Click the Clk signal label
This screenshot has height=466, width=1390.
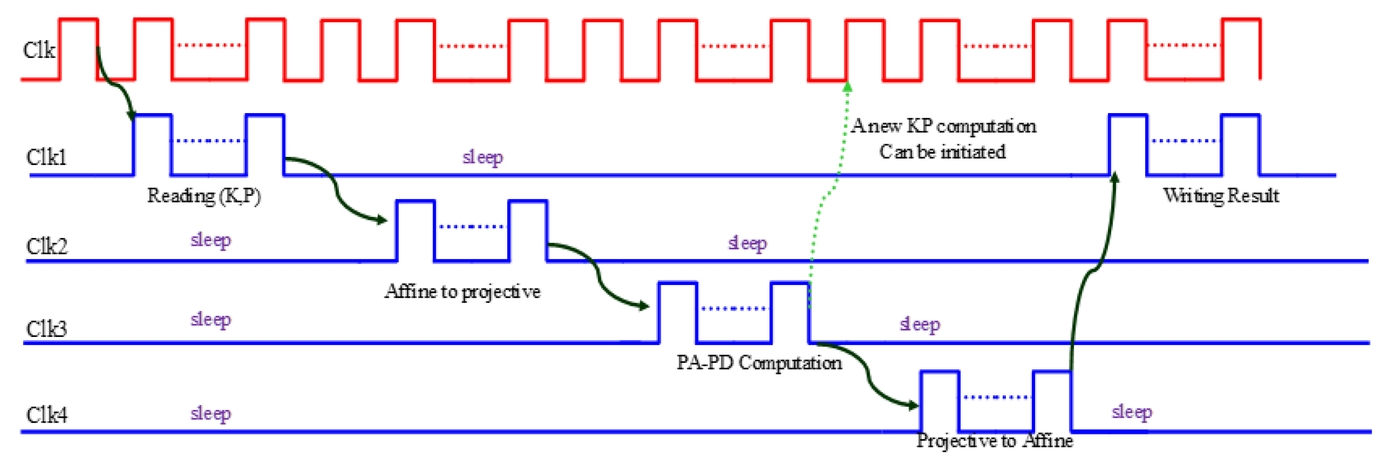point(39,50)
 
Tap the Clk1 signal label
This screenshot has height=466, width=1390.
point(46,157)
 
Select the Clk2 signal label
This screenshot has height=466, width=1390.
point(47,246)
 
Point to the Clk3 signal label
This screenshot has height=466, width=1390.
point(47,328)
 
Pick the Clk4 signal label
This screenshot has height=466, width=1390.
point(47,414)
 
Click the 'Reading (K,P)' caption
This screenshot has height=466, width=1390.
point(204,196)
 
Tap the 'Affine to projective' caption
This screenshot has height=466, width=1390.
point(462,291)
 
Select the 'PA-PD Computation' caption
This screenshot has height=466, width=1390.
point(759,362)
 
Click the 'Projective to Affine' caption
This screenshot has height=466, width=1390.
point(995,440)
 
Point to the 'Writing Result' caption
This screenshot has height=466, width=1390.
point(1221,195)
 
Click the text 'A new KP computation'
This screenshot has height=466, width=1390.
point(943,126)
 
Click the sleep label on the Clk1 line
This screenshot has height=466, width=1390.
point(483,157)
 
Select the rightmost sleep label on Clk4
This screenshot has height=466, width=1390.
point(1132,412)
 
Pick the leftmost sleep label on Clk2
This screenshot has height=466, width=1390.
point(211,240)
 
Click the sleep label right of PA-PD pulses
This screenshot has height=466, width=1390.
point(920,324)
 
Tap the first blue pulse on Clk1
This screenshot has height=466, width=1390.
point(153,145)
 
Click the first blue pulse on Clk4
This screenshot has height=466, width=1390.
point(939,401)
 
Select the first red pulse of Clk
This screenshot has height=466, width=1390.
point(78,49)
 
